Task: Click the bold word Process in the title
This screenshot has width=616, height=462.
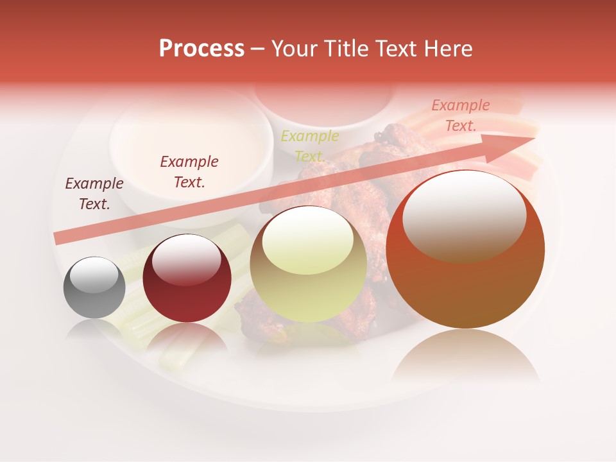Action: point(201,49)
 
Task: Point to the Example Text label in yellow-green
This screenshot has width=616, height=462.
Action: point(310,146)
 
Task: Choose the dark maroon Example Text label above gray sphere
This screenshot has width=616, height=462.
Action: point(94,194)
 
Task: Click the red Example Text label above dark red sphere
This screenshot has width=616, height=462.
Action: point(189,172)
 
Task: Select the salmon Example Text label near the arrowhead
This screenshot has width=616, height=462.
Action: point(461,116)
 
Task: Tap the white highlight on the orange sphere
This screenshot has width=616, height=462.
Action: point(464,216)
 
